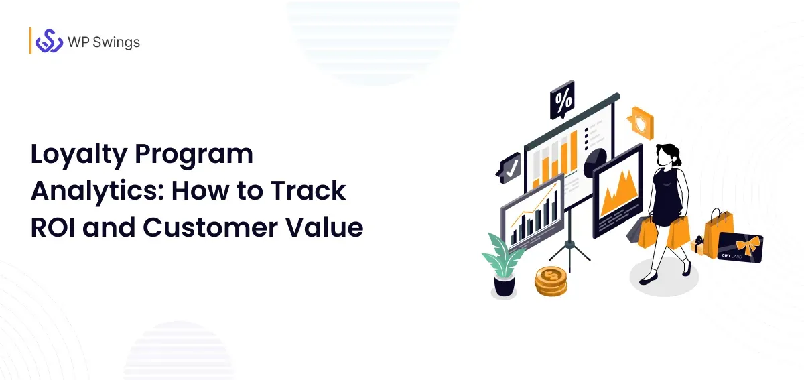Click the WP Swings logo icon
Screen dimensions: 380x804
49,42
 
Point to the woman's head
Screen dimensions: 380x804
668,154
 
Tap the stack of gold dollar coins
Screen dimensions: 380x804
550,280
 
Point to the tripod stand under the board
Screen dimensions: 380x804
569,251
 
